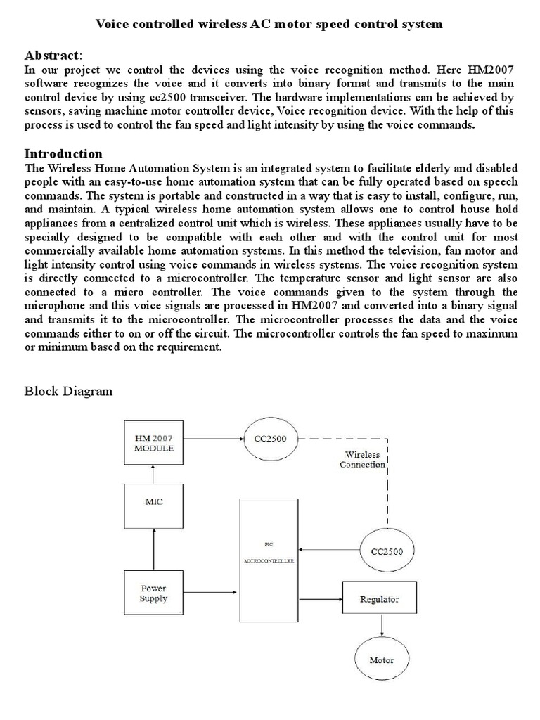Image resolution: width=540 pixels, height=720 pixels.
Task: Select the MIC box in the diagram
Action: (x=153, y=503)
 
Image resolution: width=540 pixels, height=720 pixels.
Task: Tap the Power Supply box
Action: (x=153, y=593)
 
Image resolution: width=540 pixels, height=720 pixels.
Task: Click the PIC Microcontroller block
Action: (x=269, y=560)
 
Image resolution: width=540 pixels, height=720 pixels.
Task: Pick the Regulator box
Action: (x=379, y=600)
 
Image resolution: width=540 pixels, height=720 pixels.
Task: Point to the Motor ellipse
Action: (x=382, y=660)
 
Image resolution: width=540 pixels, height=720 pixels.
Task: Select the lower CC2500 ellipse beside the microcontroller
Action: (x=387, y=551)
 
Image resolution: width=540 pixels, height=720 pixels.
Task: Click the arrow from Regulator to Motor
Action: (x=382, y=626)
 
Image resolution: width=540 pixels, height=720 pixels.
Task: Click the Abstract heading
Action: (x=53, y=55)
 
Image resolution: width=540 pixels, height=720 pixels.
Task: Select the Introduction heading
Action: (x=63, y=153)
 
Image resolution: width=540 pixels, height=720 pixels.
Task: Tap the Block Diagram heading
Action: (x=68, y=392)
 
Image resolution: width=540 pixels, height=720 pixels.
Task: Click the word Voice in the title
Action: (x=111, y=25)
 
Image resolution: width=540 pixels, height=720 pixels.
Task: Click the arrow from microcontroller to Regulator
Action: (x=320, y=600)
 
